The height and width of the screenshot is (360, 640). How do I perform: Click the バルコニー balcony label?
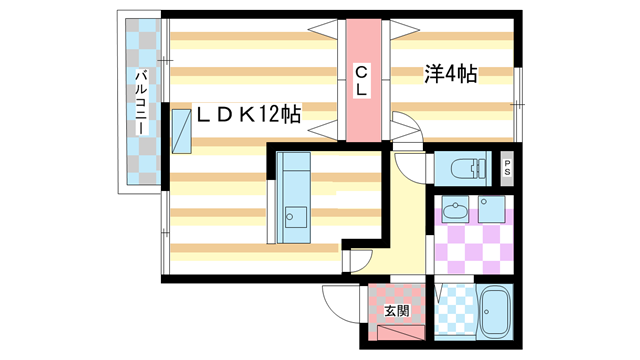pyautogui.click(x=141, y=103)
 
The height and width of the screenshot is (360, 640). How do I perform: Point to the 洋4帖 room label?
pyautogui.click(x=451, y=74)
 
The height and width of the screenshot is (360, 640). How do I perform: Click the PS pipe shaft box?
pyautogui.click(x=507, y=169)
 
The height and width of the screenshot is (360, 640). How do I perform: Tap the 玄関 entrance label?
pyautogui.click(x=397, y=311)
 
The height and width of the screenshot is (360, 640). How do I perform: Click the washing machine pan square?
pyautogui.click(x=491, y=211)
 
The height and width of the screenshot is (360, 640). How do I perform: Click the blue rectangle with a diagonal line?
pyautogui.click(x=182, y=131)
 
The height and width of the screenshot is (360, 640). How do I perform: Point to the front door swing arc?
pyautogui.click(x=339, y=301)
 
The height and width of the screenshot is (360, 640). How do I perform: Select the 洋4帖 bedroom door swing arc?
pyautogui.click(x=404, y=128)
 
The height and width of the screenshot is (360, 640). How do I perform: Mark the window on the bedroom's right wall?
pyautogui.click(x=518, y=91)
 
